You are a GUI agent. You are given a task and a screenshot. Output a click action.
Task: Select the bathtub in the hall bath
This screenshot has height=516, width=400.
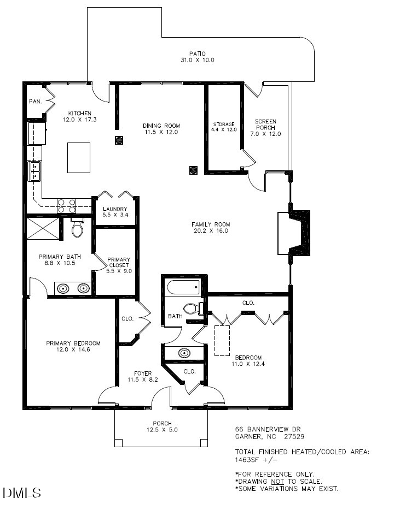(184, 287)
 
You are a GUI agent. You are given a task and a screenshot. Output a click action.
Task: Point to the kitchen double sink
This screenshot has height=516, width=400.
(35, 170)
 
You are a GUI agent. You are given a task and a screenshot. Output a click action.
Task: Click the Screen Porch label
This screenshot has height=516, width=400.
(265, 127)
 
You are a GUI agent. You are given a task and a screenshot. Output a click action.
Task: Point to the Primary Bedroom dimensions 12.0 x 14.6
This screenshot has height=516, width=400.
(73, 349)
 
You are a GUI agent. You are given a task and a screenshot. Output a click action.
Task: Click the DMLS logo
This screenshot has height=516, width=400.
(22, 494)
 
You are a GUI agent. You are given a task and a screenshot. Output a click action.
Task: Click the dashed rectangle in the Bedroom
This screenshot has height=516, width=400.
(223, 340)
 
